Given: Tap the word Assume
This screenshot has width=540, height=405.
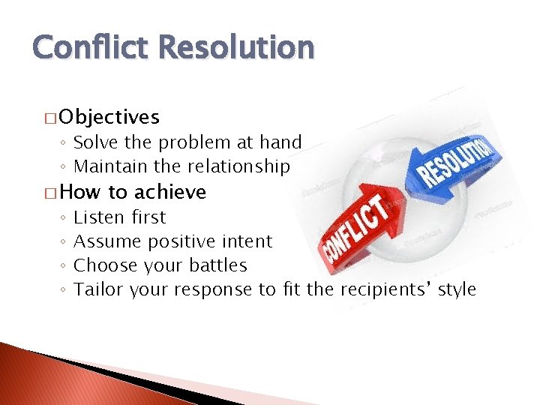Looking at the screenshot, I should point(108,241).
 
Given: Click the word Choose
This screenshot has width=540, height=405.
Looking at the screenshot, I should point(106,265).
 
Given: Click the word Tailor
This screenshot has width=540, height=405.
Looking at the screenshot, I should point(99,289).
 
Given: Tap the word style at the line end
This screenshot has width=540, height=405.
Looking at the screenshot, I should point(457,289).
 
